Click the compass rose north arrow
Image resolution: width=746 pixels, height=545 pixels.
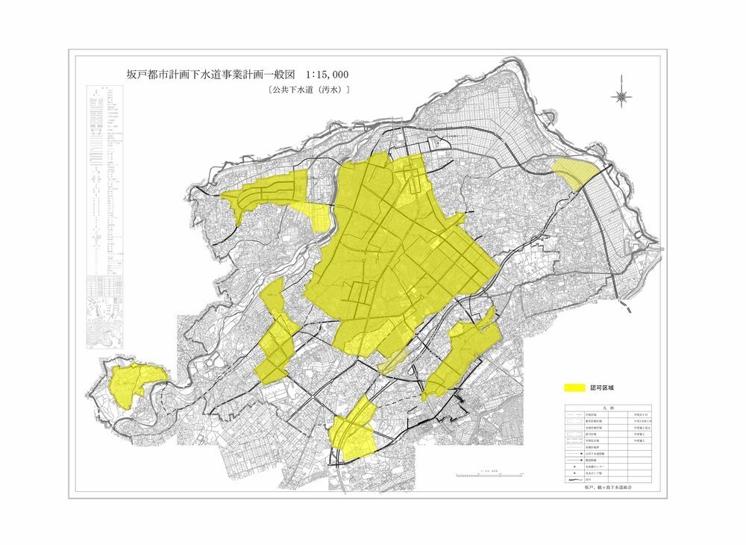click(622, 96)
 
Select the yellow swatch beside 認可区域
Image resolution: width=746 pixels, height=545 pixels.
click(574, 388)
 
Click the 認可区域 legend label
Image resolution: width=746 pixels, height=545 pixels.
click(601, 388)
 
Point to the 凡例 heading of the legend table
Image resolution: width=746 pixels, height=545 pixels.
click(609, 408)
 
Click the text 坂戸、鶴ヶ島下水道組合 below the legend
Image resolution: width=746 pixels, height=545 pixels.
click(608, 487)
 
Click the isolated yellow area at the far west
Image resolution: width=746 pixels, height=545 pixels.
click(134, 381)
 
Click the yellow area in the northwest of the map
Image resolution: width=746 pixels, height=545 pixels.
click(269, 193)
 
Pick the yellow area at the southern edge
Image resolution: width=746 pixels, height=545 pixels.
click(352, 432)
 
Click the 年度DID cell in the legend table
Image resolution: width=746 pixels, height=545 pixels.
click(641, 415)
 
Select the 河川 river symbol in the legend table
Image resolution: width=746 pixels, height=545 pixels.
click(575, 480)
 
